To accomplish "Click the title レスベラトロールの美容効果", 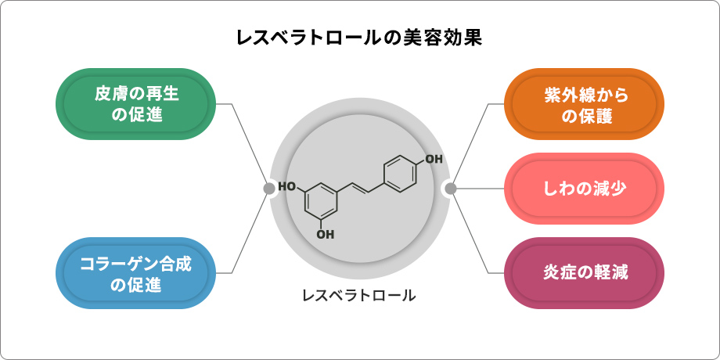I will [359, 38].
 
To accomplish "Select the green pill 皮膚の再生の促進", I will [136, 104].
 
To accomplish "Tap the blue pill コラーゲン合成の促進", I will [136, 273].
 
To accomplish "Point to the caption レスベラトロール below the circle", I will [359, 296].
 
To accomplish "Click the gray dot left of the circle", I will [268, 188].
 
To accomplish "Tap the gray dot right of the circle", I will [451, 188].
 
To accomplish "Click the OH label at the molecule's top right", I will [434, 159].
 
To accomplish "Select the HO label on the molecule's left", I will [287, 187].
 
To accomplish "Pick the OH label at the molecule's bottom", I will [326, 233].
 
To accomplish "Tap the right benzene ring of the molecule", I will [400, 173].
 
